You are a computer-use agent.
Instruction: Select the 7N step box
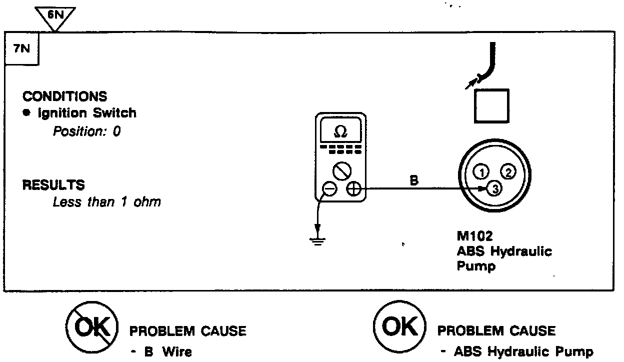click(x=21, y=49)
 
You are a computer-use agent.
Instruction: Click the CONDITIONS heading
click(x=64, y=96)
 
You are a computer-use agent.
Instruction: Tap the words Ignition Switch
click(x=87, y=113)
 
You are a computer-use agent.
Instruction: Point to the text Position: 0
click(x=86, y=132)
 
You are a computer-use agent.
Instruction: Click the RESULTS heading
click(x=53, y=185)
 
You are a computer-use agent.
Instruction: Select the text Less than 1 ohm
click(x=107, y=202)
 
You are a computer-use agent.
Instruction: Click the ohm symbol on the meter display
click(x=340, y=132)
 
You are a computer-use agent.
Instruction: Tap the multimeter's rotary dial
click(x=341, y=171)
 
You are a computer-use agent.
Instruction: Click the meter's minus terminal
click(x=329, y=189)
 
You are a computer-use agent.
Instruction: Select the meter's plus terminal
click(x=353, y=189)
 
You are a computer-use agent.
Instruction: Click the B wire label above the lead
click(x=414, y=180)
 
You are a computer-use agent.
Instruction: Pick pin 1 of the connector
click(x=480, y=173)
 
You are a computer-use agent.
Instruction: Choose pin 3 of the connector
click(x=494, y=189)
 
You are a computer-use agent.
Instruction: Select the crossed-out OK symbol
click(x=91, y=327)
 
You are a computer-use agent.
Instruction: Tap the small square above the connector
click(x=491, y=106)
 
